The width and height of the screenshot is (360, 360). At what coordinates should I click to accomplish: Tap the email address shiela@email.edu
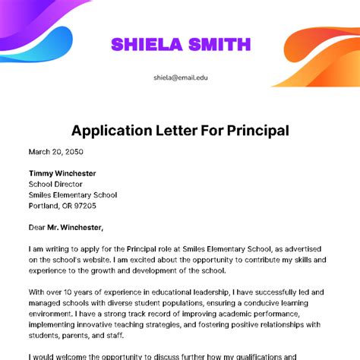pyautogui.click(x=179, y=77)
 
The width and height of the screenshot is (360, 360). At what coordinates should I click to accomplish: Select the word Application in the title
pyautogui.click(x=111, y=131)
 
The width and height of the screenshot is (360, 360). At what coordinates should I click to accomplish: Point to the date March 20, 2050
pyautogui.click(x=56, y=151)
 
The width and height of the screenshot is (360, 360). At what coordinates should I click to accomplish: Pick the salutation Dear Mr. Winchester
pyautogui.click(x=65, y=226)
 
